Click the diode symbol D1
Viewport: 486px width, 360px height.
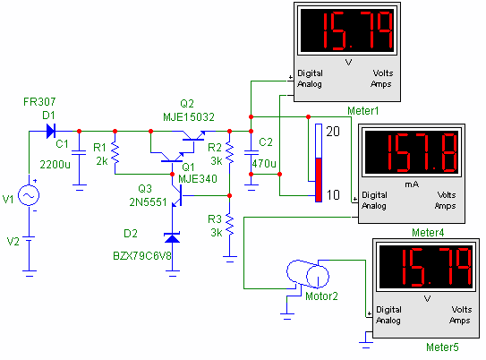pyautogui.click(x=50, y=131)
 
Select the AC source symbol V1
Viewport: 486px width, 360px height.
pyautogui.click(x=29, y=195)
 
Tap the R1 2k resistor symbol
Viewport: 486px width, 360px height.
pyautogui.click(x=115, y=152)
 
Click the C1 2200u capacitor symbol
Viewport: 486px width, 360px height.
pyautogui.click(x=79, y=152)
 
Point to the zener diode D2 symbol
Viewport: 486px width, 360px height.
pyautogui.click(x=173, y=238)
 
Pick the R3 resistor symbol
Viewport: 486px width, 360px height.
pyautogui.click(x=230, y=225)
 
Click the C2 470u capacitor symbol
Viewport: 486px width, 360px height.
pyautogui.click(x=252, y=152)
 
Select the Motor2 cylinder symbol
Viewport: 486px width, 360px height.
pyautogui.click(x=308, y=274)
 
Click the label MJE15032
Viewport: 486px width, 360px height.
pyautogui.click(x=189, y=117)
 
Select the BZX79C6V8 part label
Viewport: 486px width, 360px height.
pyautogui.click(x=142, y=256)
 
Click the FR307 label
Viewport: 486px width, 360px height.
pyautogui.click(x=39, y=102)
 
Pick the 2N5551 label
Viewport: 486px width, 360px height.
pyautogui.click(x=148, y=202)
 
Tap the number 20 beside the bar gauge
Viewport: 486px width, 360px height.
pyautogui.click(x=333, y=132)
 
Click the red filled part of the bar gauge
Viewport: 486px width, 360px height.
pyautogui.click(x=319, y=180)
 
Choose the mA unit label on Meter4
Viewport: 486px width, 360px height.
pyautogui.click(x=412, y=184)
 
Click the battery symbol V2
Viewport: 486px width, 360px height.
pyautogui.click(x=30, y=239)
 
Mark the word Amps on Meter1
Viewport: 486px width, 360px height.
pyautogui.click(x=381, y=84)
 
